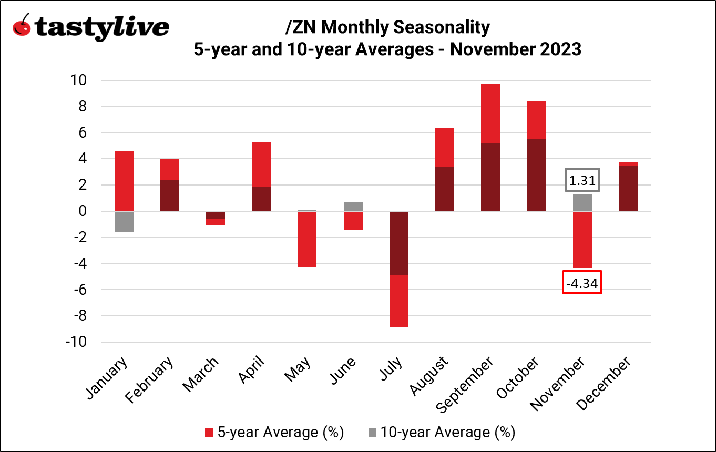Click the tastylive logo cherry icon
(x=22, y=25)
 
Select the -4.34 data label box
(x=582, y=283)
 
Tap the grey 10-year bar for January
(x=124, y=221)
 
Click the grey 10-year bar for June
(x=353, y=206)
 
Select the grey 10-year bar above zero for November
(x=582, y=202)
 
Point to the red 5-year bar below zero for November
(x=582, y=240)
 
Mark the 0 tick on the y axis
(x=82, y=211)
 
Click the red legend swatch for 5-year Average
(x=209, y=433)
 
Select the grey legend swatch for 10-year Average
(x=372, y=433)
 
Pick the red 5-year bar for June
(x=353, y=221)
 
